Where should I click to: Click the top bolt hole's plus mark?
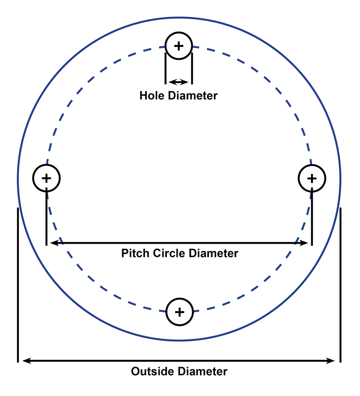coord(179,46)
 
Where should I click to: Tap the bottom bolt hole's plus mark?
coord(179,312)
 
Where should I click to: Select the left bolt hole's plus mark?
coord(46,178)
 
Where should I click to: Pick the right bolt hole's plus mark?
coord(312,178)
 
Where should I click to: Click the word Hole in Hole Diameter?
coord(151,95)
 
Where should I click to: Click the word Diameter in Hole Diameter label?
coord(192,95)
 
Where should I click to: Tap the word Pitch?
coord(135,253)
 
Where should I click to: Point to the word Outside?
coord(151,371)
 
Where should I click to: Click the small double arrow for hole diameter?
coord(179,81)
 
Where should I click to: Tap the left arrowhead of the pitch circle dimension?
coord(54,243)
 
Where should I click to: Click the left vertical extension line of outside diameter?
coord(18,285)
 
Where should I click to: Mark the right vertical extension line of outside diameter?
coord(341,285)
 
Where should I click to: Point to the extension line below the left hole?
coord(46,218)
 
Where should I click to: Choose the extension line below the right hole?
coord(312,218)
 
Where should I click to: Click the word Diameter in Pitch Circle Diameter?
coord(214,253)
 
